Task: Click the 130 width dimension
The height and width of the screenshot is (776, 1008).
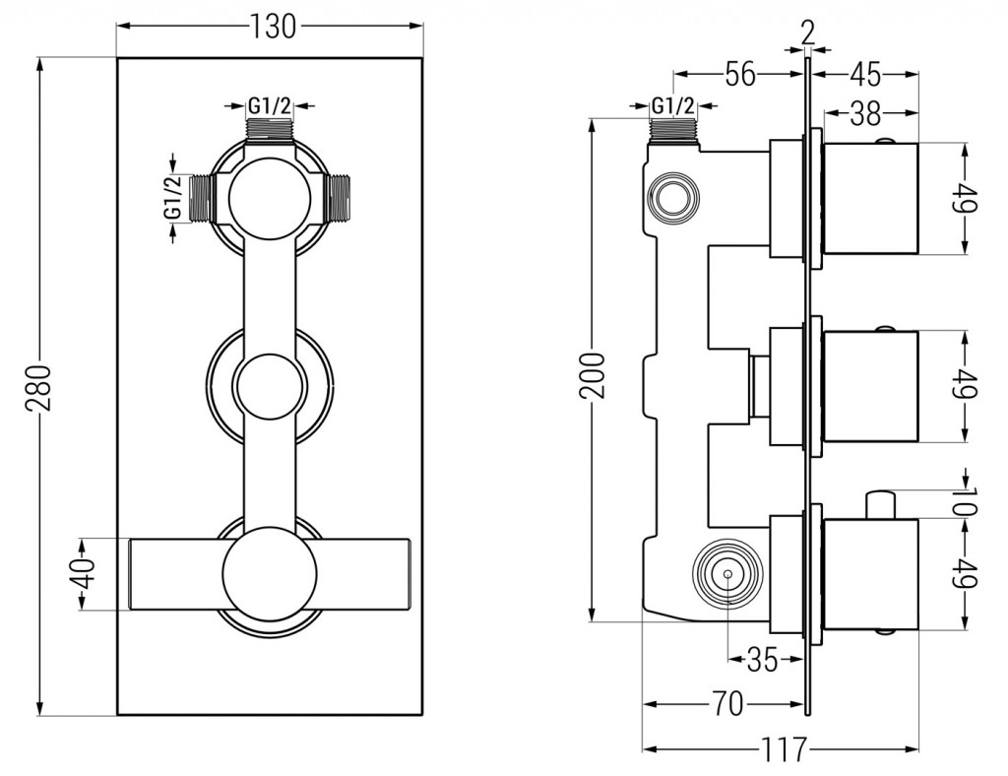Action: [x=272, y=27]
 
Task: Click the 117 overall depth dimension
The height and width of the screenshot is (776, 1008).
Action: [x=784, y=750]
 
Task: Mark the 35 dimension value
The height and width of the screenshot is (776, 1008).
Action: [x=761, y=659]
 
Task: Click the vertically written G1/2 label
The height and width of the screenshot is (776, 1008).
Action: [x=173, y=196]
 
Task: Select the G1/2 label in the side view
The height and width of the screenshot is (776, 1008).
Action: [x=673, y=106]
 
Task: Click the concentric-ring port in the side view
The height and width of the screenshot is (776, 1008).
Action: [x=726, y=572]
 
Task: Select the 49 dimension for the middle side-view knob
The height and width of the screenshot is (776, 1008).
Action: [x=966, y=385]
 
